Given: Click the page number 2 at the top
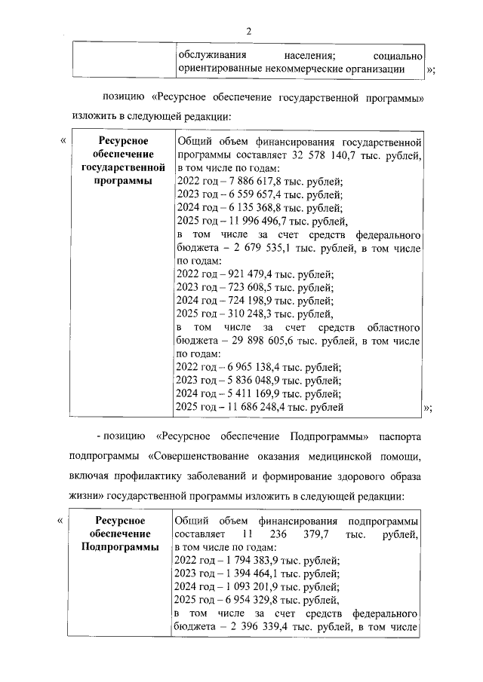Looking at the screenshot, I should (x=247, y=30).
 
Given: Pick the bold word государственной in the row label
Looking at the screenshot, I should (x=122, y=167).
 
